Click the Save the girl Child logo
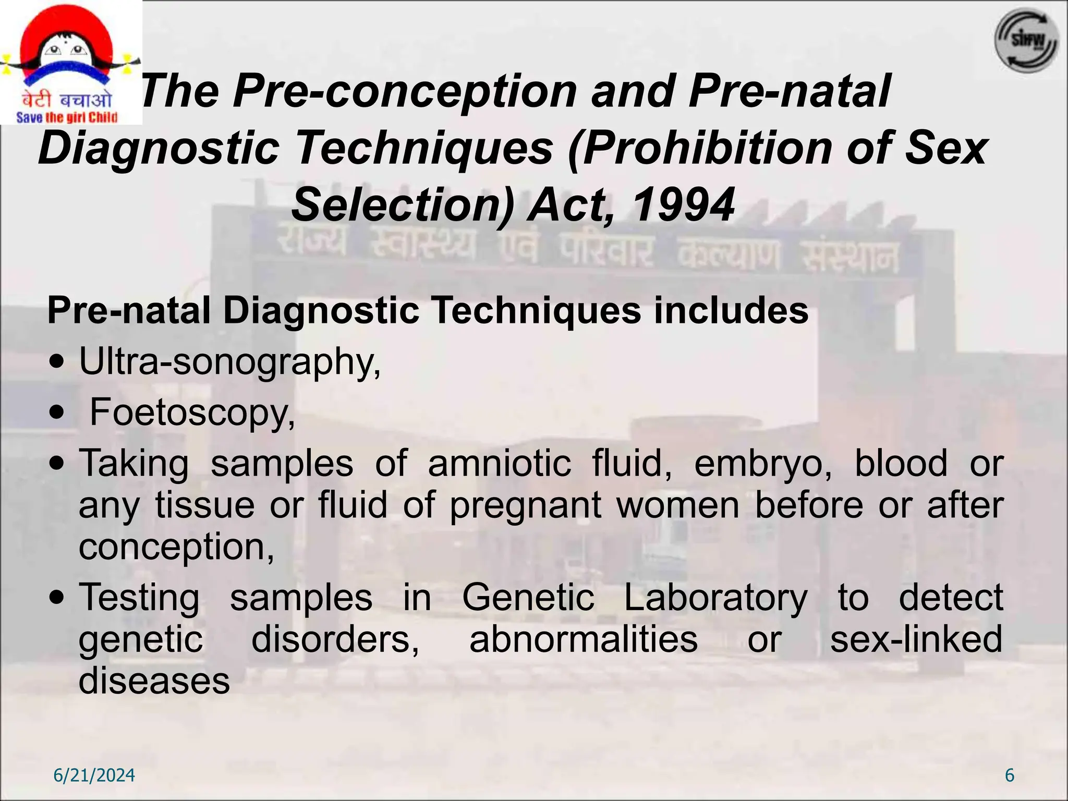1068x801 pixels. [70, 63]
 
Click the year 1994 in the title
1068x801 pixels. [683, 204]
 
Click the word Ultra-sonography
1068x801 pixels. [229, 361]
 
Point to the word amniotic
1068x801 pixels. [499, 463]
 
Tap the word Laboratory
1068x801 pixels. [715, 598]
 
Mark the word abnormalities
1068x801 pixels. [583, 639]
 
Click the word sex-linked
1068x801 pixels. [916, 639]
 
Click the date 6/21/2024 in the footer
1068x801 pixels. [94, 775]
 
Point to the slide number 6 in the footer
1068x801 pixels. [1010, 775]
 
